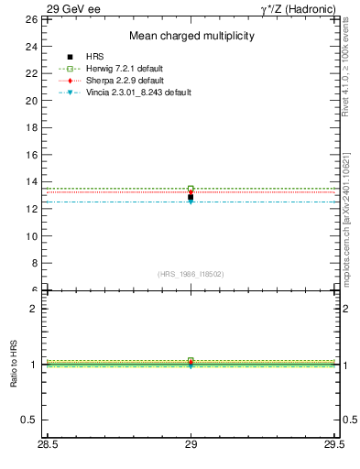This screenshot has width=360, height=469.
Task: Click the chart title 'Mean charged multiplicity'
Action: click(x=191, y=36)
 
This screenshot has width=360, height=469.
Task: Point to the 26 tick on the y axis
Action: click(x=31, y=19)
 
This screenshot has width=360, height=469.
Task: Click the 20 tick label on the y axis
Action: click(x=31, y=101)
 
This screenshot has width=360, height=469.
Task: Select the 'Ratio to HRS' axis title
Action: click(x=14, y=365)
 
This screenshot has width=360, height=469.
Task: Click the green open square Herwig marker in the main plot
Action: click(x=191, y=189)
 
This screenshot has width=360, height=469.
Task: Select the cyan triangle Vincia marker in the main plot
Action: click(x=191, y=202)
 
